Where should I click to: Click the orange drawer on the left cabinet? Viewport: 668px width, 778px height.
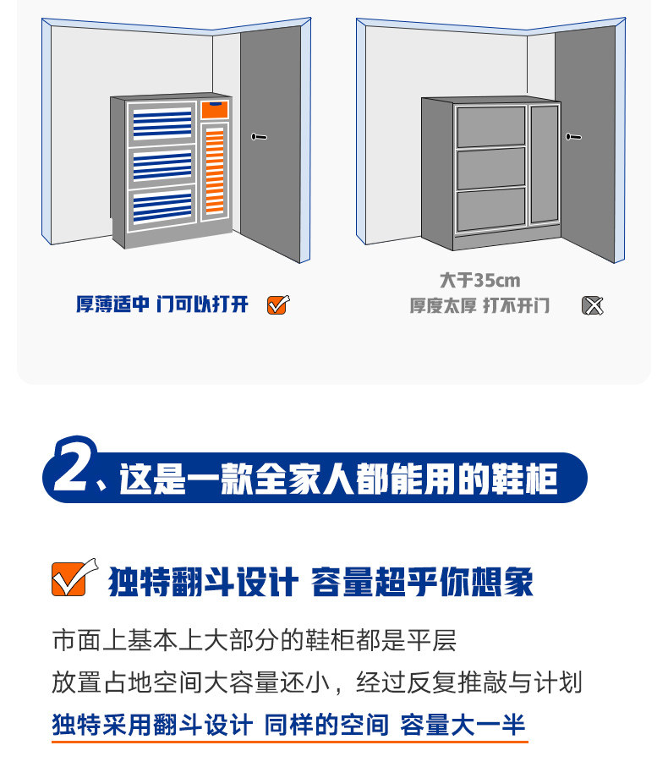(x=215, y=110)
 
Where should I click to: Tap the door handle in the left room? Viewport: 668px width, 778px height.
(x=259, y=136)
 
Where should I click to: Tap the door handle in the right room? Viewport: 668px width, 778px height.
(x=573, y=136)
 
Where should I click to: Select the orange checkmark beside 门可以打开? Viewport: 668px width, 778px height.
(x=278, y=304)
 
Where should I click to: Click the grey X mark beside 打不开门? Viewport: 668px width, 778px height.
(x=592, y=305)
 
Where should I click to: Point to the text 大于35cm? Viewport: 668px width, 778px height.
(x=480, y=281)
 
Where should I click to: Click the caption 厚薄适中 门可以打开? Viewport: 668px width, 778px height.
(x=162, y=304)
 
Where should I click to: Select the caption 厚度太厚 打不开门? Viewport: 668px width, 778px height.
(x=479, y=305)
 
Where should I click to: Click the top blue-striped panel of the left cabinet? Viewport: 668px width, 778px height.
(x=162, y=123)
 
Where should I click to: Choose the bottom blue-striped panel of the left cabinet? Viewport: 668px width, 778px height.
(x=162, y=207)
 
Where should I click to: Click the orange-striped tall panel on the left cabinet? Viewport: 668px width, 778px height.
(x=215, y=171)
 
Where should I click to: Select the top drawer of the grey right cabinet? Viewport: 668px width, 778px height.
(x=490, y=126)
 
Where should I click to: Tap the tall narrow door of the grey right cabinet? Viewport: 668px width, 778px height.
(x=545, y=164)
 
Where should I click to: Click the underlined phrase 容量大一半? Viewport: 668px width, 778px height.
(x=463, y=725)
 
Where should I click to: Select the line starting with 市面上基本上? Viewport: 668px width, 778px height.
(x=255, y=640)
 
